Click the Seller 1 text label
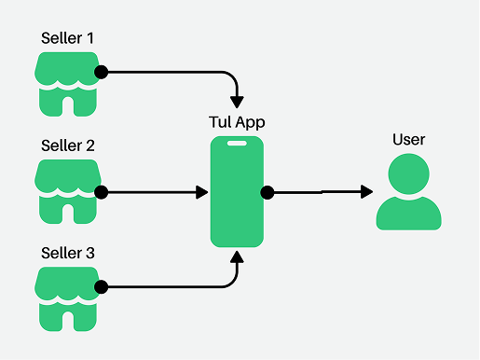tap(68, 38)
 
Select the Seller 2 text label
tap(68, 145)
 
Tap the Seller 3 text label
tap(68, 253)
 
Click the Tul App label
tap(237, 122)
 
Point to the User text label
tap(408, 140)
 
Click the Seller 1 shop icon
tap(67, 84)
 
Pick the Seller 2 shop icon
tap(67, 191)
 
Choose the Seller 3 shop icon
tap(67, 298)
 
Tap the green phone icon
tap(237, 192)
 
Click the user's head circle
tap(408, 174)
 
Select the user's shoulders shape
tap(408, 215)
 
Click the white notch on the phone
tap(237, 144)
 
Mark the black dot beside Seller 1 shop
tap(101, 72)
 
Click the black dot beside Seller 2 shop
tap(101, 192)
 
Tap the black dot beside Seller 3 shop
tap(101, 286)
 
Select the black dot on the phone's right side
tap(267, 192)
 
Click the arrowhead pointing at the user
tap(366, 191)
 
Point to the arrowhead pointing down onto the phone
tap(237, 100)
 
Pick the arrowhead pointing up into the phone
tap(237, 258)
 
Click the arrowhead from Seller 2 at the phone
tap(201, 192)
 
